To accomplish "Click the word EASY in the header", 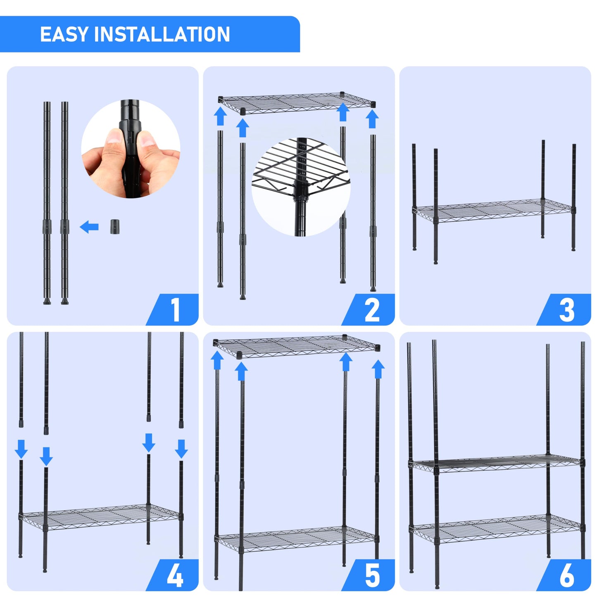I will tap(64, 34).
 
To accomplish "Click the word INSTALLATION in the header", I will tap(162, 34).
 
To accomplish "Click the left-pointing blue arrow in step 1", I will tap(89, 227).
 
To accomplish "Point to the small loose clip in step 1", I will tap(115, 227).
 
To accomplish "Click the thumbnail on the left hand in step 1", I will tap(112, 138).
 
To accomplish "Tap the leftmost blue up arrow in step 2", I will tap(220, 116).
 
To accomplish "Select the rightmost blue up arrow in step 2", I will tap(372, 119).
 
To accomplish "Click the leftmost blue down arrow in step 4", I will tap(21, 449).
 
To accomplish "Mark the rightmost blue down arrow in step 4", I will tap(181, 449).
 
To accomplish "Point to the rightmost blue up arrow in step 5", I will tap(378, 369).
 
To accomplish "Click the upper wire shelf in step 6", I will tap(496, 464).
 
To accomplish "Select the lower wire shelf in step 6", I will tap(496, 529).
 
